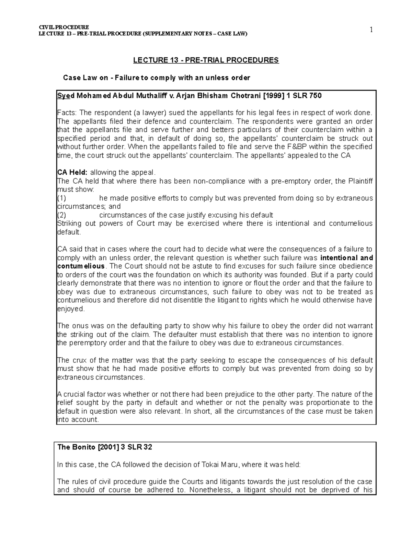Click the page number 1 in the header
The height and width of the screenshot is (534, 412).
(371, 30)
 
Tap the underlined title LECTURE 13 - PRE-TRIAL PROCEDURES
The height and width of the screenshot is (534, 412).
(206, 61)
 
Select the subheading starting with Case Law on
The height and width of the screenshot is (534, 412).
(157, 78)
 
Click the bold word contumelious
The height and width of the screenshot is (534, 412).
(81, 266)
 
